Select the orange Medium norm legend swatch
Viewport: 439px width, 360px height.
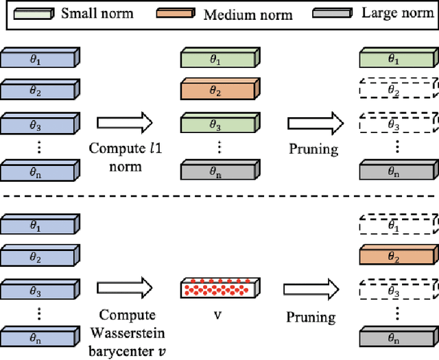click(176, 14)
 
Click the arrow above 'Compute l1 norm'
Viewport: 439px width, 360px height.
click(123, 123)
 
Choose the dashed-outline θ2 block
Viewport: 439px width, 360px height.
click(396, 90)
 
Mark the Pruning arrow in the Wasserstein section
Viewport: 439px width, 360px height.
click(311, 288)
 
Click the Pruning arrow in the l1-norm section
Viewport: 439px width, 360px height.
click(311, 123)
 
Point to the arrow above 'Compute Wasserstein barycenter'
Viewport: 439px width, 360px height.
click(123, 288)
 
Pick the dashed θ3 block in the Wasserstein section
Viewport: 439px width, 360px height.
click(396, 290)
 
